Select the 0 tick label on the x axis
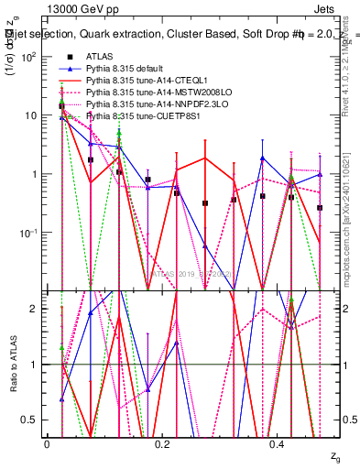click(47, 443)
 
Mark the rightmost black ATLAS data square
click(320, 208)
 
